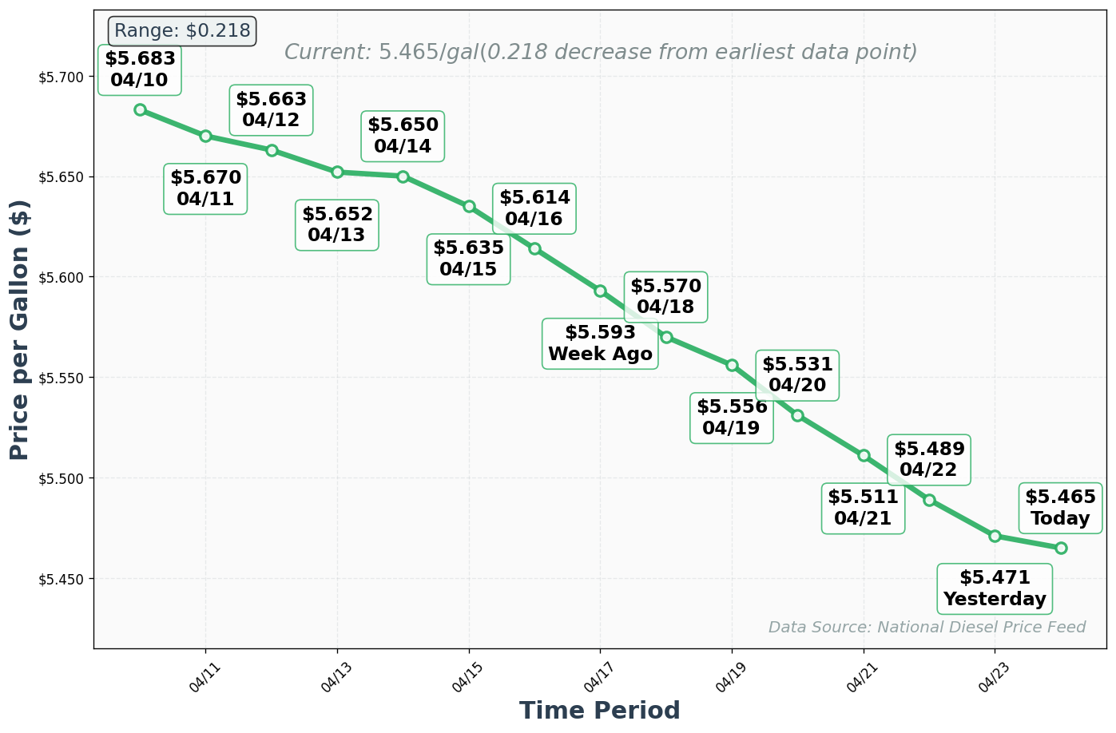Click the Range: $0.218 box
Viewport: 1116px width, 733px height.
(182, 31)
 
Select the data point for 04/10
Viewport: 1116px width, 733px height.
(140, 109)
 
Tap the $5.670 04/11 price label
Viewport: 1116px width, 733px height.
(205, 189)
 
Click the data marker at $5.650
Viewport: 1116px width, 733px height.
(403, 176)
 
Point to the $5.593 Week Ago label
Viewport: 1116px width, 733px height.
(600, 343)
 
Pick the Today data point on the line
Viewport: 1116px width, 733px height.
(1061, 548)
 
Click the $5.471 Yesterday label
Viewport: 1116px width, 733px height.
(995, 588)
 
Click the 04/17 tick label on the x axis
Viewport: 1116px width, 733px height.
(600, 674)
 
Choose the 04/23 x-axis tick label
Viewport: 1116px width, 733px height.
(995, 674)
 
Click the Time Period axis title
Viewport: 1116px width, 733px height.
(600, 711)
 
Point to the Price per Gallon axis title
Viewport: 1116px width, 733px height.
(20, 329)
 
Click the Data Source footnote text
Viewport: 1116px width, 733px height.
(927, 628)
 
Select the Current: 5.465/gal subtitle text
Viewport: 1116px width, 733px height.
(601, 53)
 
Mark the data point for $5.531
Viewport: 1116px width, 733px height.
(797, 415)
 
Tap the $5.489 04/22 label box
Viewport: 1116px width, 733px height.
(929, 460)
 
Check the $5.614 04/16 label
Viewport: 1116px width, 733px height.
(534, 208)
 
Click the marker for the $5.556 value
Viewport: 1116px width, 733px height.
(732, 365)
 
